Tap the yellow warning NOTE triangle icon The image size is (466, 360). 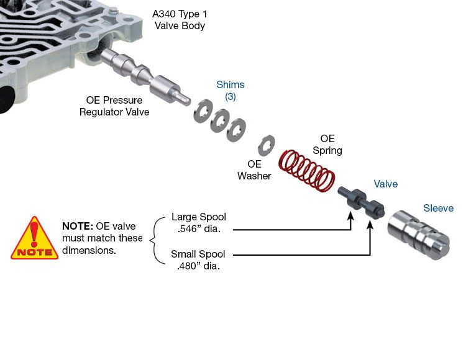tap(34, 240)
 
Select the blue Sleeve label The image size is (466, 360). tap(438, 209)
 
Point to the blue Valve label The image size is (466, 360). tap(385, 184)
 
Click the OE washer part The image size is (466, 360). tap(266, 145)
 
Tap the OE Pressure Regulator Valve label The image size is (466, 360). tap(114, 106)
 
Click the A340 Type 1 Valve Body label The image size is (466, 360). tap(178, 19)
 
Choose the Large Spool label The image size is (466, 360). tap(198, 217)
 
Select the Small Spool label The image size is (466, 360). tap(198, 254)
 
